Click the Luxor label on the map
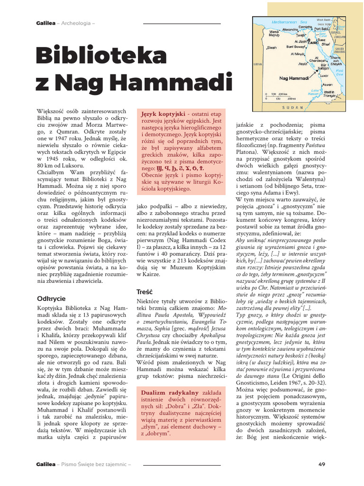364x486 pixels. click(x=325, y=75)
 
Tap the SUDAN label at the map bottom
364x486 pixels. click(x=297, y=108)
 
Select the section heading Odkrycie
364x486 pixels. click(x=52, y=299)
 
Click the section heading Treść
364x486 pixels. click(x=144, y=291)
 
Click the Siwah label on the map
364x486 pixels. click(x=272, y=47)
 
